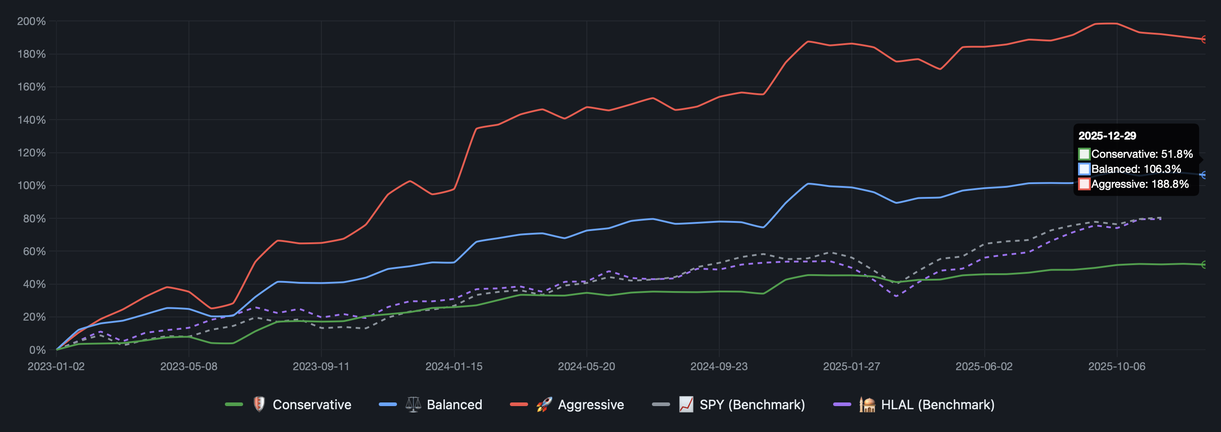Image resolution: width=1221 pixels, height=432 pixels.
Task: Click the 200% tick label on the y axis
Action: coord(31,21)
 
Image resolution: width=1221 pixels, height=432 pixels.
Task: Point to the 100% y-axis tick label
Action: coord(31,186)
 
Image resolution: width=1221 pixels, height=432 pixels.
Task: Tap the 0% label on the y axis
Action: coord(37,350)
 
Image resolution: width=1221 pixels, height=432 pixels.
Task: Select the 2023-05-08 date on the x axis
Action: coord(188,366)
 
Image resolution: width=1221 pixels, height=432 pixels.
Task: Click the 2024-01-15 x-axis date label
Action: coord(453,366)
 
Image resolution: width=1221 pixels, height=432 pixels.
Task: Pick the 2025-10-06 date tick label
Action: coord(1116,366)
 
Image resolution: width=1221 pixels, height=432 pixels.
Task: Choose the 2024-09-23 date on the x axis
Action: coord(718,366)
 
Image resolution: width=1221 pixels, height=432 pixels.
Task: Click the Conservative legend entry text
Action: coord(312,405)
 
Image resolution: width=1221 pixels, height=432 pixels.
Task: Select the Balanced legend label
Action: coord(454,405)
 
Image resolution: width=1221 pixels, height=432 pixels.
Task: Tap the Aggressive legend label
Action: coord(590,405)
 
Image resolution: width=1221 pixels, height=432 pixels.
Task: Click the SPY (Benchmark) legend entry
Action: coord(752,405)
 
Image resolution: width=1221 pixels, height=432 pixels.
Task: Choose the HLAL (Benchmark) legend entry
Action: coord(937,405)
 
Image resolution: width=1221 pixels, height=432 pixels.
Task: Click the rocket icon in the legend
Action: coord(544,405)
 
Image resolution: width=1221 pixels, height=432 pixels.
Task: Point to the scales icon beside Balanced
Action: coord(413,405)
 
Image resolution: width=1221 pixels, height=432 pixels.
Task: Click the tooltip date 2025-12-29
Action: coord(1107,136)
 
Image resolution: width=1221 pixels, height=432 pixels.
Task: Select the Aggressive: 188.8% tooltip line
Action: coord(1140,184)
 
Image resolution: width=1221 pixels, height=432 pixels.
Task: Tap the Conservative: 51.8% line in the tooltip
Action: coord(1141,154)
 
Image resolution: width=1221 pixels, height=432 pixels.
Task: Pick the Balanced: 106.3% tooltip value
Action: coord(1136,169)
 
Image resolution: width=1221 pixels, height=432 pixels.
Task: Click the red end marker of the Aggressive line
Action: coord(1205,39)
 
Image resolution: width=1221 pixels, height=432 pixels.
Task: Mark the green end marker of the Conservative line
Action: coord(1205,265)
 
